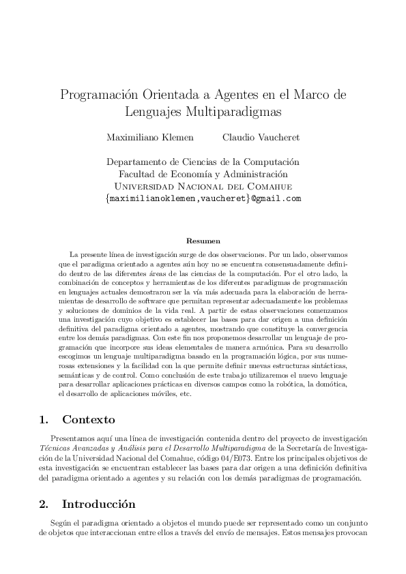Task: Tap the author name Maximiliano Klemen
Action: (x=149, y=137)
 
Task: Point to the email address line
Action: (x=203, y=198)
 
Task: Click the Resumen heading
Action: (x=203, y=241)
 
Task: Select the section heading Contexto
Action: (x=89, y=419)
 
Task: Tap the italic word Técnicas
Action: (x=59, y=449)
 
